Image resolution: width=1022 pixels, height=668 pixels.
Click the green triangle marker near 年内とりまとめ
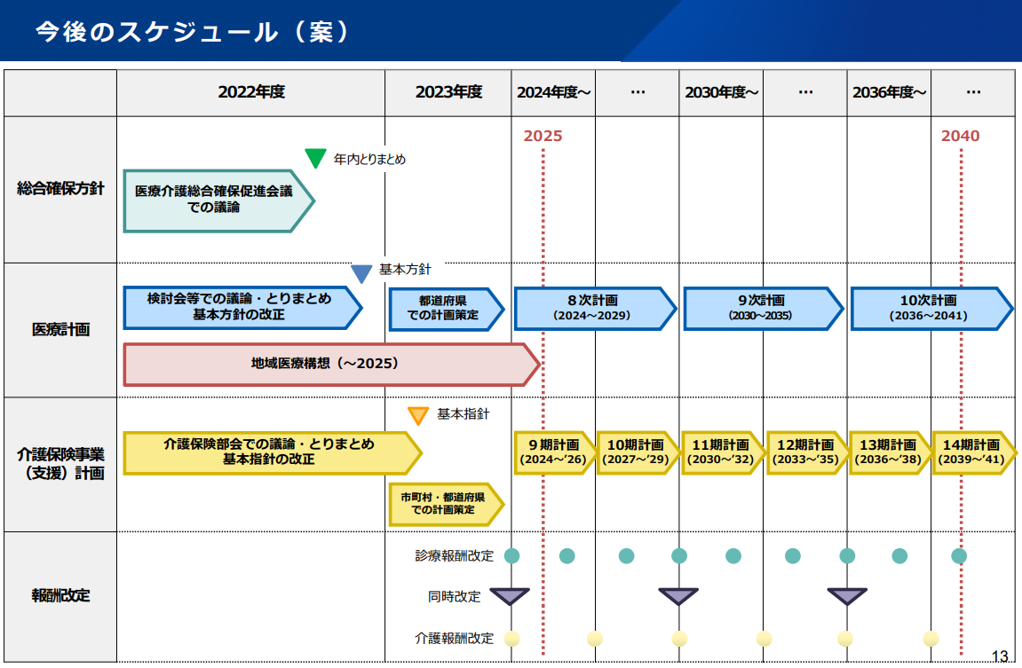point(315,157)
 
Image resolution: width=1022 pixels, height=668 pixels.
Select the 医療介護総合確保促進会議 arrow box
point(219,201)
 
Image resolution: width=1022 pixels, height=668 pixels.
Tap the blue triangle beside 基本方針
point(361,273)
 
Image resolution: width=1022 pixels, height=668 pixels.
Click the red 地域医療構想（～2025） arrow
point(332,364)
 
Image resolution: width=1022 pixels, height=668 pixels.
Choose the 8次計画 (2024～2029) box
point(595,308)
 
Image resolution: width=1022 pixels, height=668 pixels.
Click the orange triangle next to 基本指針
point(418,415)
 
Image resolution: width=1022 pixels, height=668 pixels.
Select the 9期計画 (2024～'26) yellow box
point(555,452)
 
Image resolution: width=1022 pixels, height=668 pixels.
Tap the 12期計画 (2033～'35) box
point(807,452)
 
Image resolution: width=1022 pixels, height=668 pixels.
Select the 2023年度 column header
point(448,92)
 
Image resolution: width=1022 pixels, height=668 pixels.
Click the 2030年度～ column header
point(722,92)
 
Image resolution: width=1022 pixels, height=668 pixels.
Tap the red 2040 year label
point(960,136)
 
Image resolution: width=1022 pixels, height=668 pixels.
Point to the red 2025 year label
point(543,136)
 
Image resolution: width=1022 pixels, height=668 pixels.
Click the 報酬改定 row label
point(60,595)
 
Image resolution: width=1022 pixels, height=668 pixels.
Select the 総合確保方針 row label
point(60,189)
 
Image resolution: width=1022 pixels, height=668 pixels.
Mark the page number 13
point(1001,656)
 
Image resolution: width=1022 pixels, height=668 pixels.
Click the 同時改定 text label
point(455,596)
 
